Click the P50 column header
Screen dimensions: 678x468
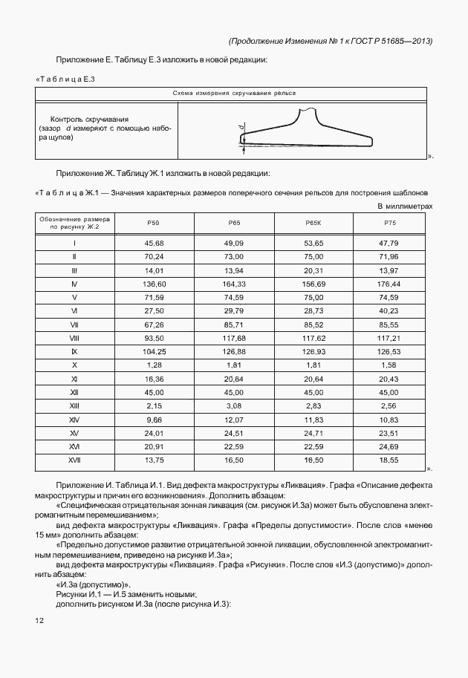coord(153,223)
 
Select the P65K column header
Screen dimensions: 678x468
coord(313,223)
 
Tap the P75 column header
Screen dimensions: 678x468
coord(389,223)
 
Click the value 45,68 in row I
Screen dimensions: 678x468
coord(153,243)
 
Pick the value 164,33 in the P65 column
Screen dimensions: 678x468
coord(234,284)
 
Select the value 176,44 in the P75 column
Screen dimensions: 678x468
coord(389,284)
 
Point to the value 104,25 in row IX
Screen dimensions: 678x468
coord(153,351)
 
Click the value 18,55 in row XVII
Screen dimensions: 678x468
coord(389,460)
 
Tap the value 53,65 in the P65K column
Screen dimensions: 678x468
coord(313,243)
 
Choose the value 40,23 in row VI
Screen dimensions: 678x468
coord(389,310)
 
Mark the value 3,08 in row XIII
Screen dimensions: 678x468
coord(234,406)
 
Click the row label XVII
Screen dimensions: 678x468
coord(74,460)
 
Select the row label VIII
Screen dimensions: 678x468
coord(74,338)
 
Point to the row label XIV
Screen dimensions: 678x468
coord(74,420)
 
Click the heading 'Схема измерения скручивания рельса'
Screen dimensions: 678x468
coord(233,94)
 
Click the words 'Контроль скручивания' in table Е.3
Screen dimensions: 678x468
coord(89,119)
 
